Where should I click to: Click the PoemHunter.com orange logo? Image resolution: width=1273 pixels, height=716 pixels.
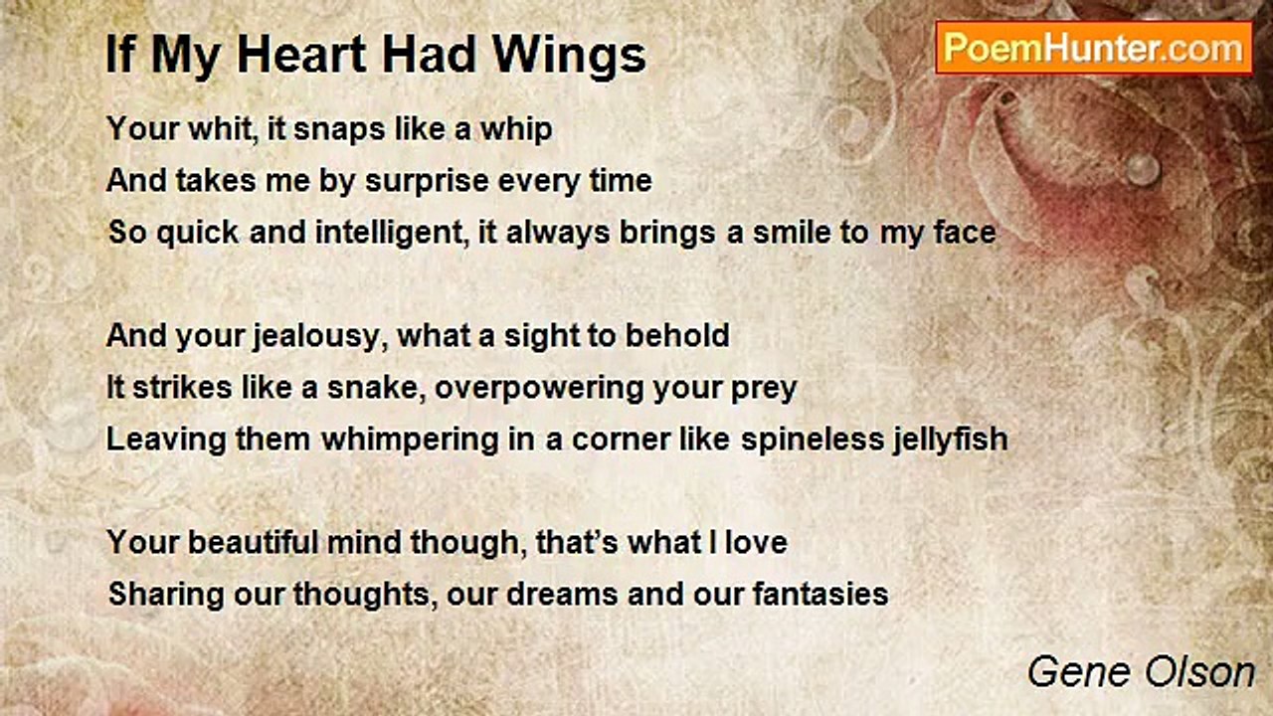tap(1094, 49)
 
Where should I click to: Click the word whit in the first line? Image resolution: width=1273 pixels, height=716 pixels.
tap(220, 129)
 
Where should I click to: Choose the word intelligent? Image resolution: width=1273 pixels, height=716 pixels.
tap(392, 234)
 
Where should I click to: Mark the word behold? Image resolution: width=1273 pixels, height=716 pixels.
tap(677, 335)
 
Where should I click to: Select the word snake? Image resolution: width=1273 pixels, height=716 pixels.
tap(376, 388)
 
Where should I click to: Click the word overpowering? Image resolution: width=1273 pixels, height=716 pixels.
tap(539, 390)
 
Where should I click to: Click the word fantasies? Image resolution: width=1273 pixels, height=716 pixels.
tap(820, 594)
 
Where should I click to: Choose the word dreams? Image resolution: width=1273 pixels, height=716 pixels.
tap(562, 594)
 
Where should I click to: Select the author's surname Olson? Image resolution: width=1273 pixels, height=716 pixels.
tap(1199, 672)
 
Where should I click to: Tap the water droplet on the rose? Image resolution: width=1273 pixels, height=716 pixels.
tap(1142, 169)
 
